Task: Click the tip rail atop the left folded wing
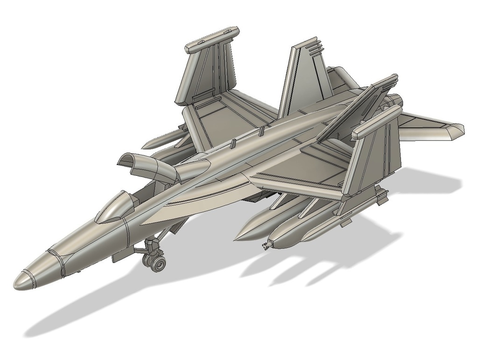point(212,39)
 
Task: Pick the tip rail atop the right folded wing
point(376,122)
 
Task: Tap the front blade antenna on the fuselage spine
point(231,144)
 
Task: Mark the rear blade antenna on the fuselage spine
point(262,132)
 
